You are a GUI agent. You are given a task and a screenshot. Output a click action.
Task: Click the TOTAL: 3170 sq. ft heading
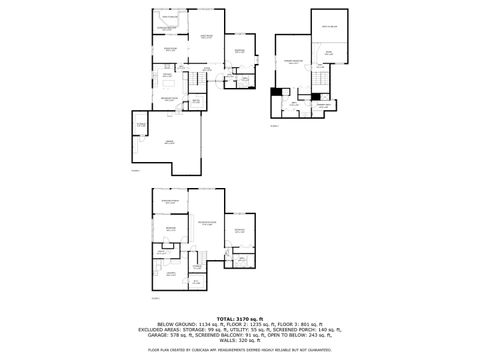pos(240,317)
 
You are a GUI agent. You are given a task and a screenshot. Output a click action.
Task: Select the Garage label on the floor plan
pos(170,143)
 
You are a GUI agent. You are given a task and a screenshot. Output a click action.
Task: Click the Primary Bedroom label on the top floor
pos(294,62)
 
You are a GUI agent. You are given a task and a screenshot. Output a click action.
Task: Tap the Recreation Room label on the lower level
pos(206,221)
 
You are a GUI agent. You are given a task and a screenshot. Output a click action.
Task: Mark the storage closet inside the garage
pos(128,124)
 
